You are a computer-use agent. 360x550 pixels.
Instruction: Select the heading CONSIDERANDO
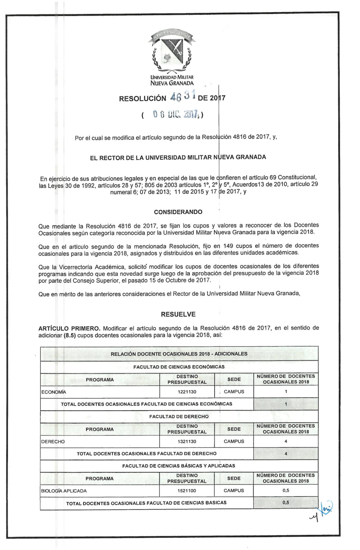178,212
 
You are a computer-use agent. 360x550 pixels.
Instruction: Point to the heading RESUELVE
178,314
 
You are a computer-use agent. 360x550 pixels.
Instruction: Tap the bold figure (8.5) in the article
69,335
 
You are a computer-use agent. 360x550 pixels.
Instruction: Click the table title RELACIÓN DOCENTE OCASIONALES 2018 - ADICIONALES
179,354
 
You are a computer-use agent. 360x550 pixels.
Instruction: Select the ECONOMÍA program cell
54,392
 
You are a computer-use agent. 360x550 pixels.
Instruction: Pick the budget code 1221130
187,392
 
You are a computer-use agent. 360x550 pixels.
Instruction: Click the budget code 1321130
187,441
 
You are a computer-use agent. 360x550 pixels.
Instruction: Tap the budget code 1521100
187,491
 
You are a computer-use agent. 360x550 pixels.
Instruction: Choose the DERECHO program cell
53,441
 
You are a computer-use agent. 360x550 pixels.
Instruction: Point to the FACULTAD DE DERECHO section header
179,417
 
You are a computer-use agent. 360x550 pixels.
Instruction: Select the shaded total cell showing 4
286,454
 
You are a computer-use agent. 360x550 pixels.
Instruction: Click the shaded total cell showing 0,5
286,503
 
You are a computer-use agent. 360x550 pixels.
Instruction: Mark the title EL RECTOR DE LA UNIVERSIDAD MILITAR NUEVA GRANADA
178,157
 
